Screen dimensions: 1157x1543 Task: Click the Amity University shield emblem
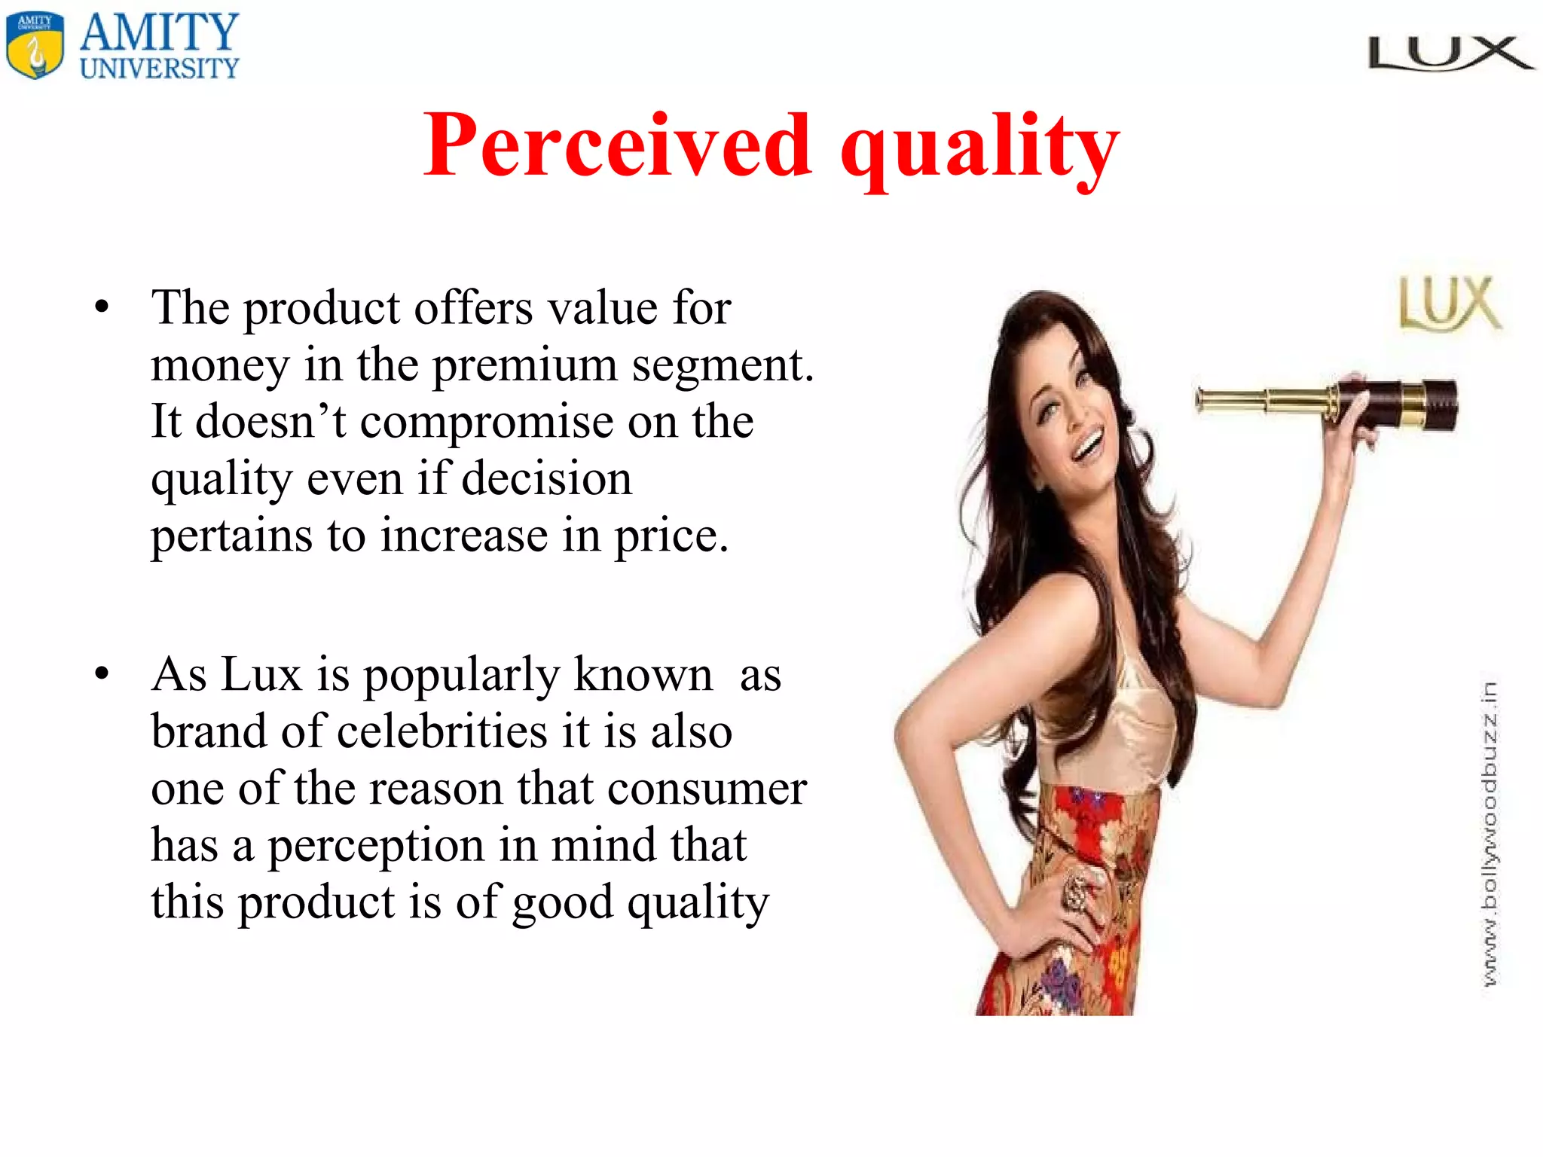pyautogui.click(x=35, y=46)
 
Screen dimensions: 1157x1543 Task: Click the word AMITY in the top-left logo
pyautogui.click(x=159, y=32)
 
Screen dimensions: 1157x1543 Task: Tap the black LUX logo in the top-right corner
pyautogui.click(x=1450, y=54)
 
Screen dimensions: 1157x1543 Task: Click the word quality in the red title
pyautogui.click(x=979, y=147)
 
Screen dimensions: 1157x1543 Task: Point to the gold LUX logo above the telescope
pyautogui.click(x=1449, y=304)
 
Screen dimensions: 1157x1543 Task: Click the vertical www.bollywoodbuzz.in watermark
pyautogui.click(x=1489, y=832)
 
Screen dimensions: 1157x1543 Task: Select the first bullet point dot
pyautogui.click(x=102, y=308)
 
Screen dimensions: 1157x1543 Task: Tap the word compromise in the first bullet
pyautogui.click(x=487, y=422)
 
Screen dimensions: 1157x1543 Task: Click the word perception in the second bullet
pyautogui.click(x=376, y=845)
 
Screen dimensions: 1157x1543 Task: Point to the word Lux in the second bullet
pyautogui.click(x=261, y=674)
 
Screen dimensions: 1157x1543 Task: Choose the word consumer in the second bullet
pyautogui.click(x=707, y=789)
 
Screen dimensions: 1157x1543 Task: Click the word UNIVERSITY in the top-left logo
pyautogui.click(x=159, y=69)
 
